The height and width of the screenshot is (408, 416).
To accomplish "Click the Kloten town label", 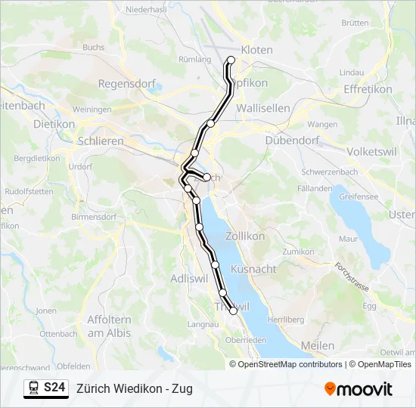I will (256, 50).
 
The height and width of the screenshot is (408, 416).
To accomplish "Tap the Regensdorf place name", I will (126, 84).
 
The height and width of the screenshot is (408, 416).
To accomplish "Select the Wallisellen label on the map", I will (262, 108).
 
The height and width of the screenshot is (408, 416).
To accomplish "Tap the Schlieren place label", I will (101, 141).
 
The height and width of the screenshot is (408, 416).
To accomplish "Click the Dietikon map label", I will (54, 123).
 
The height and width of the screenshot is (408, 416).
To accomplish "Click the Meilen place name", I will (318, 345).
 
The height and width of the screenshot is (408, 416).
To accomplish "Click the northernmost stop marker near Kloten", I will (231, 60).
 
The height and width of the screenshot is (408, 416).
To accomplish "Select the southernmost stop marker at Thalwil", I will (233, 311).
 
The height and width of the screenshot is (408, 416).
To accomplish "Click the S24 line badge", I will (54, 388).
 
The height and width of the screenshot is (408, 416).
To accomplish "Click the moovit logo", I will (359, 389).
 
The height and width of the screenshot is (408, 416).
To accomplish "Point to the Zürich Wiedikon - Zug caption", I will (135, 388).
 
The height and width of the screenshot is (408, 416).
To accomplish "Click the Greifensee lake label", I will (359, 196).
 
